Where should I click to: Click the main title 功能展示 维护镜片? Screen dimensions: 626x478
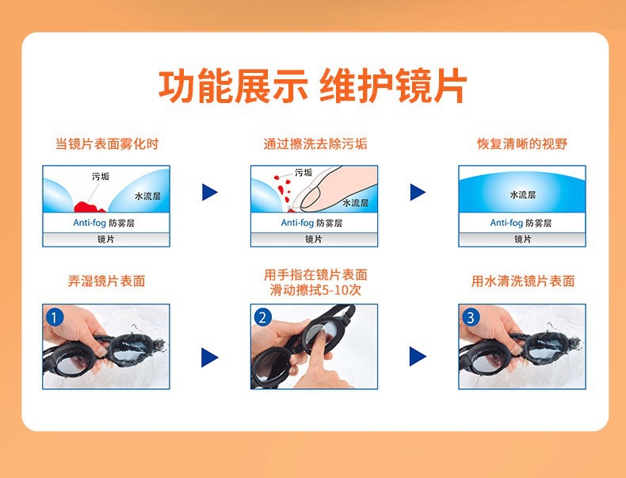(x=312, y=86)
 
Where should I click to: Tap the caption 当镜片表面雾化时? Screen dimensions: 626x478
(x=107, y=143)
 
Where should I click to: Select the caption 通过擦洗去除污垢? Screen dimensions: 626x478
(x=315, y=143)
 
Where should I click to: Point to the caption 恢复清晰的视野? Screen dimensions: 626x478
(x=522, y=143)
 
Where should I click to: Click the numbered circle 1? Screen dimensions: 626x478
(x=55, y=318)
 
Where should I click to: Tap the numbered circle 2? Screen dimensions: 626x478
(x=263, y=318)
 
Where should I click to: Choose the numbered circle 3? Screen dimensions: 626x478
(x=471, y=318)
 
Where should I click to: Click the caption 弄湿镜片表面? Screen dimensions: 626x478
(x=107, y=281)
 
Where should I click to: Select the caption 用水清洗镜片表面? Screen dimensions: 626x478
(x=523, y=281)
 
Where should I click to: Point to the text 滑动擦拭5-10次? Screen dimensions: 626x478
(x=315, y=290)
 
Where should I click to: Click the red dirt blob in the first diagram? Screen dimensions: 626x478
(x=90, y=207)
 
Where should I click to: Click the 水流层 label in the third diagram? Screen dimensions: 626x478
(x=523, y=195)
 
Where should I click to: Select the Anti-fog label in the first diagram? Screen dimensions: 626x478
(x=90, y=223)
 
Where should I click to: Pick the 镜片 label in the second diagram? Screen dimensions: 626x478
(x=314, y=239)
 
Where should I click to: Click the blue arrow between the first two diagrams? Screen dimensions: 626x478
(x=210, y=192)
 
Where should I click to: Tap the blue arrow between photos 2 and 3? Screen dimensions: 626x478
(x=418, y=357)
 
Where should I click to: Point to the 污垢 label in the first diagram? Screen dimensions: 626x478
(x=101, y=176)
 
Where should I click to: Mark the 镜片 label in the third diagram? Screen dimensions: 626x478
(x=523, y=239)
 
